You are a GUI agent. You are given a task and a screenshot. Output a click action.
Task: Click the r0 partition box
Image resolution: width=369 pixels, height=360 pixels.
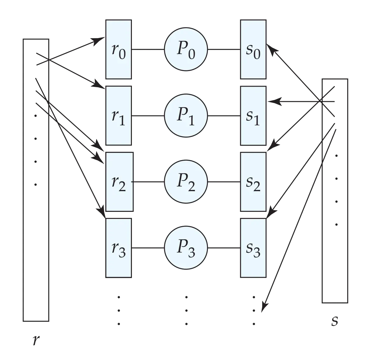[x=118, y=49]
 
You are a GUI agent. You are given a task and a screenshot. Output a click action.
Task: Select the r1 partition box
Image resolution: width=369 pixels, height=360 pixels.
[x=118, y=116]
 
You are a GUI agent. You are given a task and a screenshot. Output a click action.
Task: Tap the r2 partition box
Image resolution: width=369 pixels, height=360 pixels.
[x=119, y=182]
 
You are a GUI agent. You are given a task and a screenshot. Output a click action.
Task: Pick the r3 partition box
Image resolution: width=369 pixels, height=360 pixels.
[x=118, y=248]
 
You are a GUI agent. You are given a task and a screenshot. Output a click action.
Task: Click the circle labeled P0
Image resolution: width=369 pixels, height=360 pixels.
[x=186, y=49]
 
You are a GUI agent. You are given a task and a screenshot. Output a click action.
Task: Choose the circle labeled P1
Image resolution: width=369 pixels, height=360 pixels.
[x=186, y=116]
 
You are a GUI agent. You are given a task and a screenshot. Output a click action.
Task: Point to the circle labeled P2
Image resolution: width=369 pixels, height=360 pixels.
[x=186, y=182]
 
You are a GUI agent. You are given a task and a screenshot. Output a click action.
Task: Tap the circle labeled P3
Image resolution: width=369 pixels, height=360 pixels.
[x=186, y=248]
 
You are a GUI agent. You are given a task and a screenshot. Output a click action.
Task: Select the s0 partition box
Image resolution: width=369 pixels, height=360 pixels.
[x=253, y=49]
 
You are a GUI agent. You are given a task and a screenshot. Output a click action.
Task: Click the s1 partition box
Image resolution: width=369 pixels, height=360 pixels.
[x=253, y=116]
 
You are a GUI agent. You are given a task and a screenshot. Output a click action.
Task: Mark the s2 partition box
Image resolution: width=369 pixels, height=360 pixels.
[x=253, y=182]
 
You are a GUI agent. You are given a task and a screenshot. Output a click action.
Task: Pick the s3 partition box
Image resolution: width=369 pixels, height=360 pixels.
[x=253, y=248]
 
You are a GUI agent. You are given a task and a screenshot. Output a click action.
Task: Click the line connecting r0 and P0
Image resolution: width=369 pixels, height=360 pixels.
[x=148, y=50]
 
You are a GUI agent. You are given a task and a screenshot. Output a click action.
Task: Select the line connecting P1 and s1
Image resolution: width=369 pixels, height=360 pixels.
[x=224, y=116]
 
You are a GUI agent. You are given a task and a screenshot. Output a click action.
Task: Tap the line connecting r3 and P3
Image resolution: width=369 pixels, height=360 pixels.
[x=148, y=248]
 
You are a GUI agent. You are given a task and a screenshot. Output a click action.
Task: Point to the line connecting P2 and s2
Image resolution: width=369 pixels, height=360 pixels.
[x=224, y=182]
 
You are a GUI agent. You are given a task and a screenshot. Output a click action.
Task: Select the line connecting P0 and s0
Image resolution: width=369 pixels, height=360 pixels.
[x=224, y=50]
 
